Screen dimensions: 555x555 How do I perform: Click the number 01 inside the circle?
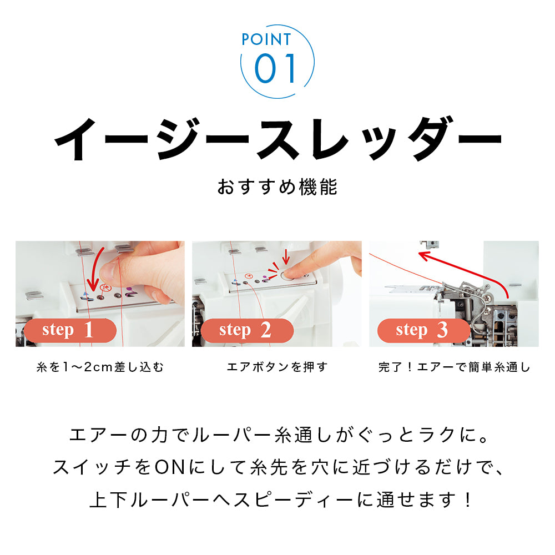point(276,69)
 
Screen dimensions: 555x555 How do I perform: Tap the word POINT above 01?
point(266,39)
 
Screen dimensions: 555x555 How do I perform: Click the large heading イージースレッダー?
point(277,138)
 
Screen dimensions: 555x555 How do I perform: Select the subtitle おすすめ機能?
point(277,186)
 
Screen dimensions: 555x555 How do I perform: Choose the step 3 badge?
point(421,330)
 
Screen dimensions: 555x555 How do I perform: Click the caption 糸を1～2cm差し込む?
point(100,367)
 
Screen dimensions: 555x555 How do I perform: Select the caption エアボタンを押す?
point(277,367)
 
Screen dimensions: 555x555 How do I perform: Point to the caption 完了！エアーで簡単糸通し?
point(454,367)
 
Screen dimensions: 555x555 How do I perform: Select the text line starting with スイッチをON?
point(277,468)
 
